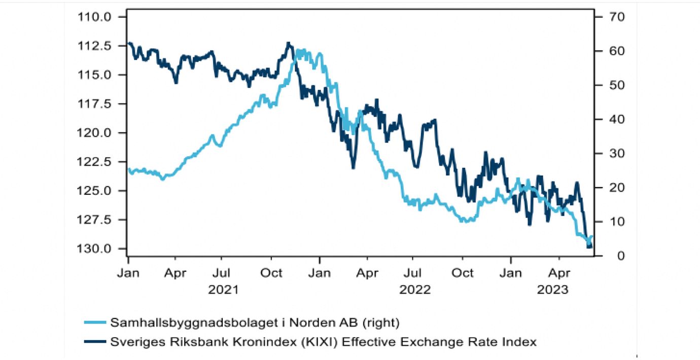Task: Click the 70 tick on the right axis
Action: tap(610, 17)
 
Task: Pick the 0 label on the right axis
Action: tap(607, 256)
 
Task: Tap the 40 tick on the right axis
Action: tap(610, 119)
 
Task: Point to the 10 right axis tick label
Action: tap(610, 222)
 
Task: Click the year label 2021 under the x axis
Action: tap(223, 290)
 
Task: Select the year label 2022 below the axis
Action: tap(414, 290)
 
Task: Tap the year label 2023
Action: tap(553, 290)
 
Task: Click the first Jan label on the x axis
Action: tap(128, 273)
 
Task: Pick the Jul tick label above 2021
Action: tap(223, 273)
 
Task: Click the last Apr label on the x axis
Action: tap(559, 273)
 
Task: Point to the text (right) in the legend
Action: tap(383, 322)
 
